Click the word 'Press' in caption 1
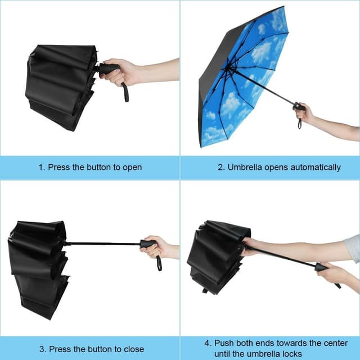click(58, 167)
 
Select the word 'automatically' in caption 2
click(316, 168)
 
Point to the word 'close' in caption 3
click(134, 349)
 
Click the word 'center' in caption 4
click(336, 343)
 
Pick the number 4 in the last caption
click(208, 343)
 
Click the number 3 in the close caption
click(42, 349)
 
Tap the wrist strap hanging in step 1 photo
click(125, 92)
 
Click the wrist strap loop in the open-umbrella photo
click(300, 124)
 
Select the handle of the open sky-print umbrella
click(299, 107)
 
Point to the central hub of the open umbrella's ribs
click(227, 68)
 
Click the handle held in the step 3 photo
click(148, 244)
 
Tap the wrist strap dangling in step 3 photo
click(159, 263)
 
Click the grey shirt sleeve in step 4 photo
click(353, 249)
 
